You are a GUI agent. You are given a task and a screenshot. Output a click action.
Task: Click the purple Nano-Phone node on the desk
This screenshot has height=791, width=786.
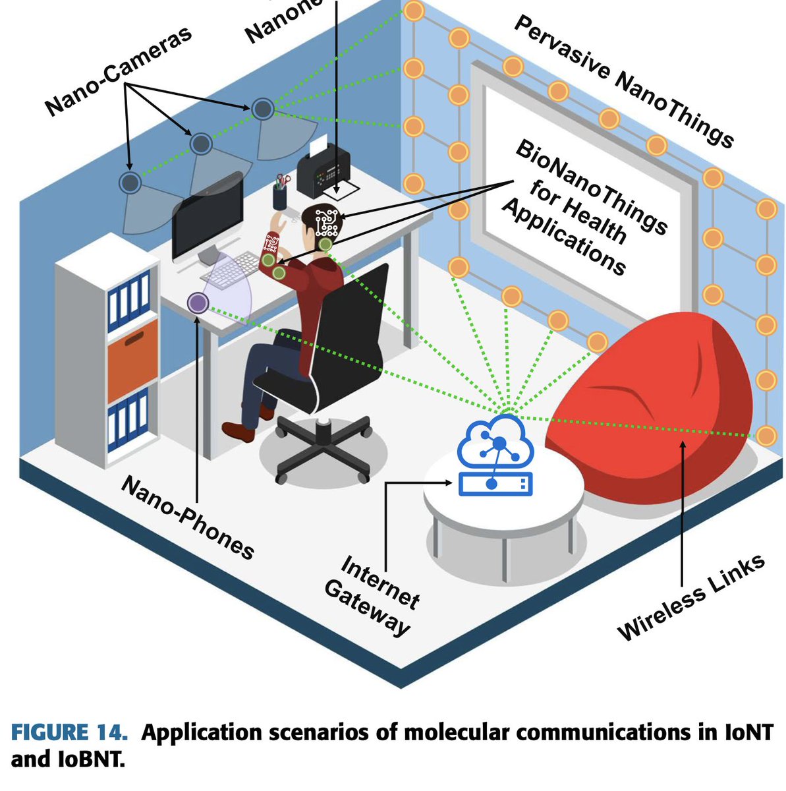pyautogui.click(x=198, y=303)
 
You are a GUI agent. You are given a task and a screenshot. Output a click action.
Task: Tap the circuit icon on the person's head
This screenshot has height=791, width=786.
pyautogui.click(x=326, y=222)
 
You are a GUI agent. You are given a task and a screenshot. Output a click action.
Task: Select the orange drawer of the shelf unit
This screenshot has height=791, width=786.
pyautogui.click(x=132, y=359)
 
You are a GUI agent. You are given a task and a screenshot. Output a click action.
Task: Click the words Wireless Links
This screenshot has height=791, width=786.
pyautogui.click(x=692, y=597)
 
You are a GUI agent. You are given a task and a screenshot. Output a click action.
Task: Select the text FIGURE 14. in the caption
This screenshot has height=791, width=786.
pyautogui.click(x=69, y=733)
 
